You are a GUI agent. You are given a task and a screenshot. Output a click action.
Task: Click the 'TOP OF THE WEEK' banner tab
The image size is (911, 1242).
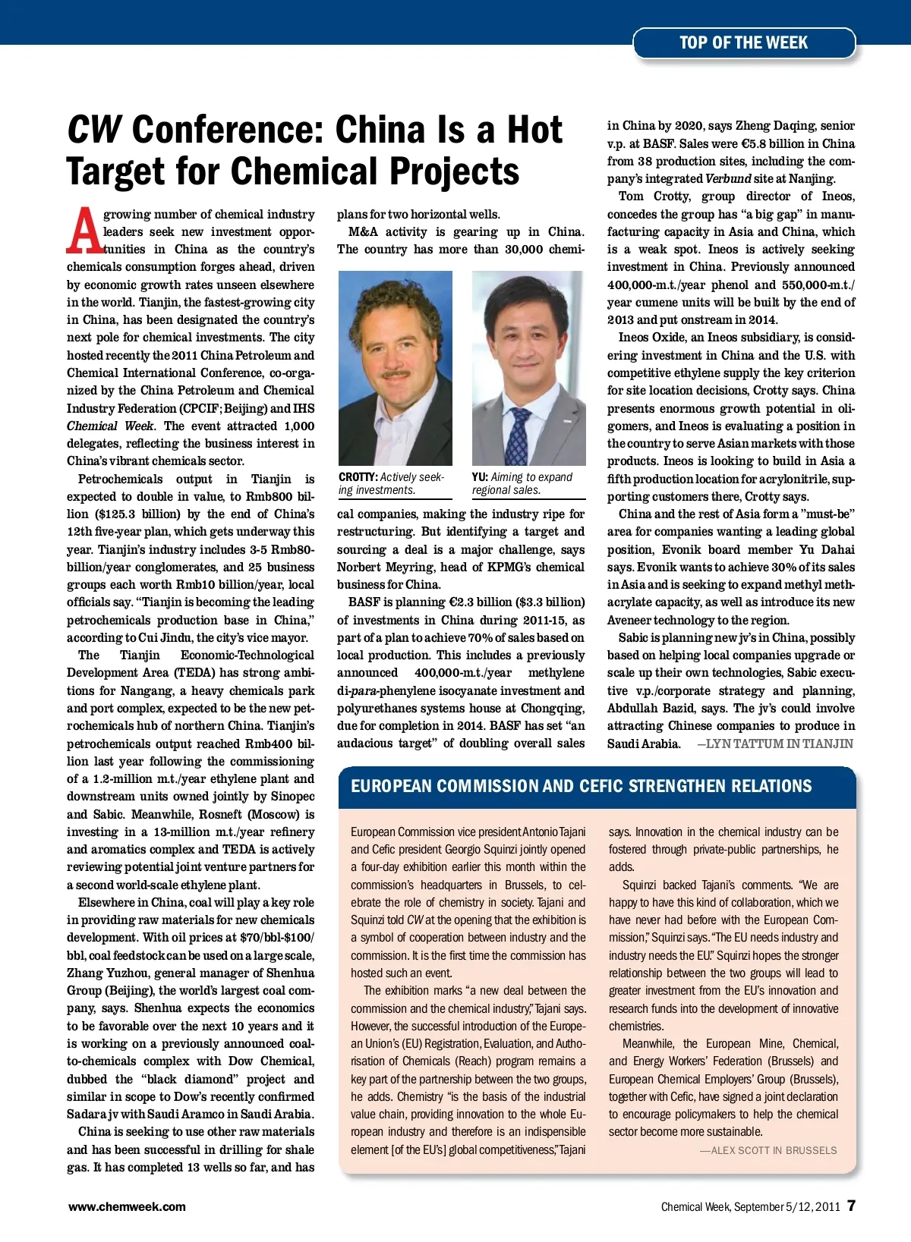coord(743,43)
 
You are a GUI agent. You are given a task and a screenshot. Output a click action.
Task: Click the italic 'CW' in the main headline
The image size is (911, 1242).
coord(94,130)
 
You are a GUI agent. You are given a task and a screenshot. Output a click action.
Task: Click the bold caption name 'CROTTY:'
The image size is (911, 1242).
coord(358,477)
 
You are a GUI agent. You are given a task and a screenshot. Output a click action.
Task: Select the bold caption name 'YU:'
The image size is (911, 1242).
coord(480,477)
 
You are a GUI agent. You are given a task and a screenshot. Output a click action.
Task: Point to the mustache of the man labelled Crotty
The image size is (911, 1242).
coord(396,373)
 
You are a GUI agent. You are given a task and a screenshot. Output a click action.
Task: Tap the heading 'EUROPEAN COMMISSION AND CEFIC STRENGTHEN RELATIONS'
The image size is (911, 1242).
coord(581,786)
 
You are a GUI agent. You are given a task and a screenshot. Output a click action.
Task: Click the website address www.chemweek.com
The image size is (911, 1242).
coord(127,1206)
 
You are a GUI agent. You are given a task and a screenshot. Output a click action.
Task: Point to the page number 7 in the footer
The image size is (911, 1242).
coord(851,1206)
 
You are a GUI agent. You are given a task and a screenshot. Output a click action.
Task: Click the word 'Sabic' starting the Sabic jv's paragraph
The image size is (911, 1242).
coord(634,638)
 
